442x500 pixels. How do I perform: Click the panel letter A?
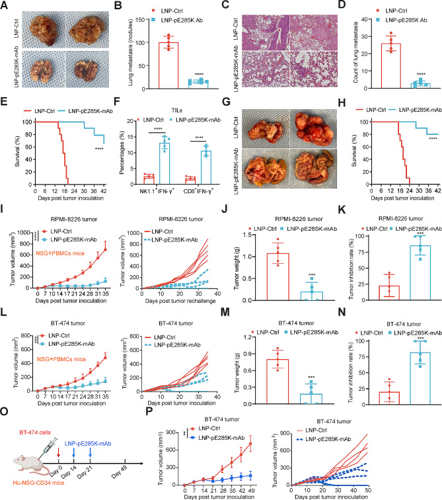(x=5, y=5)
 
